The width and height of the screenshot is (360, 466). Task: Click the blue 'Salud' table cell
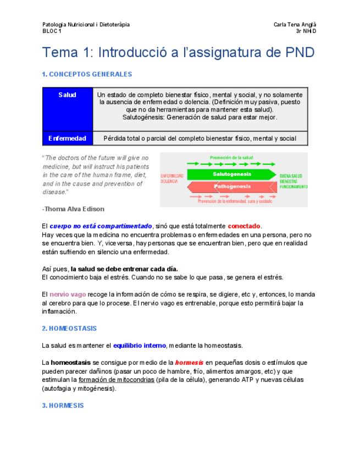67,95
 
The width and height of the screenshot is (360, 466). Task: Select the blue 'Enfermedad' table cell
67,138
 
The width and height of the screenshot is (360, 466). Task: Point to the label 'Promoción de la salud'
231,158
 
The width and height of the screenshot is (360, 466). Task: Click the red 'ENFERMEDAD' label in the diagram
172,176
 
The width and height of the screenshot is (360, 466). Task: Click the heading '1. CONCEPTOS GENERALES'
87,74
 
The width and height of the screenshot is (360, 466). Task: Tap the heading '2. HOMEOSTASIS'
69,329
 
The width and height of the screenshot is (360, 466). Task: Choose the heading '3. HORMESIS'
63,406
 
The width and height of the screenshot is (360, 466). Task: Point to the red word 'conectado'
245,226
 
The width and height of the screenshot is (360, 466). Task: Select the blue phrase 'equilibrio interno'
139,346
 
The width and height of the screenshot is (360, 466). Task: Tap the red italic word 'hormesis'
189,363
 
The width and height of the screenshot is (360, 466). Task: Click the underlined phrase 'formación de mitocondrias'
117,380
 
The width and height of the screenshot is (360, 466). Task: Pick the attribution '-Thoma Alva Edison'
73,209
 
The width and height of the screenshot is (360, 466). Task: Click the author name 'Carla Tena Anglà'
295,25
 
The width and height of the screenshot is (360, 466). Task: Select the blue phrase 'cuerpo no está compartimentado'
101,226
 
